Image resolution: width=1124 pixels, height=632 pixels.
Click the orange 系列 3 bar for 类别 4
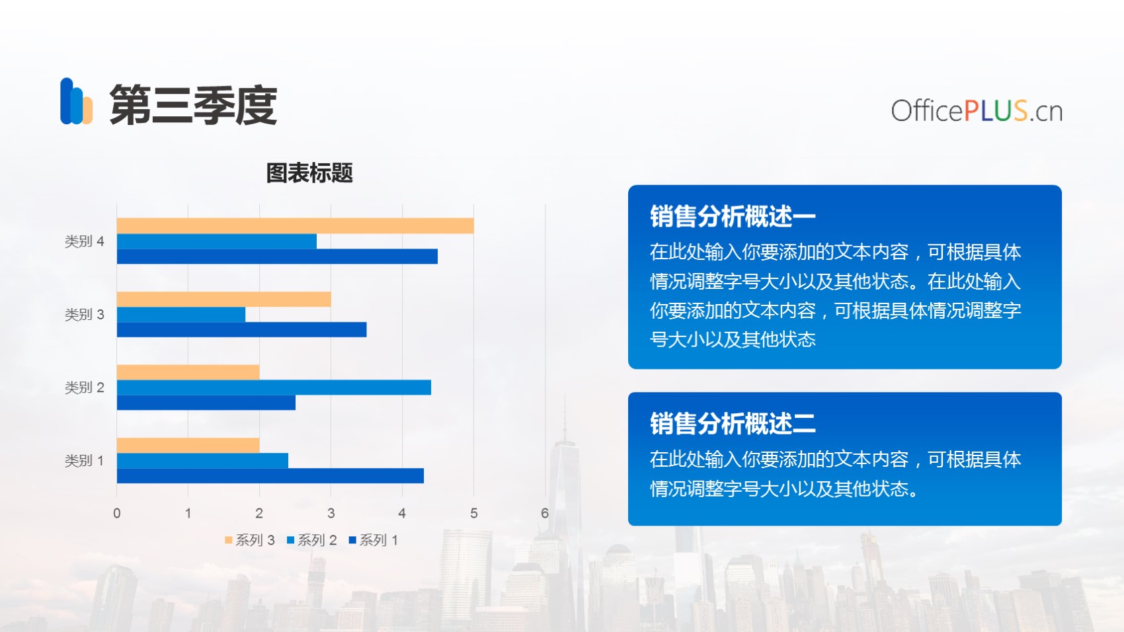tap(295, 225)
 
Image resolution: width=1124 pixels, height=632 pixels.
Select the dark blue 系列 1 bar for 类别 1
tap(270, 475)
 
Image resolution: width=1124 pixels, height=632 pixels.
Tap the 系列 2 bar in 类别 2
tap(274, 387)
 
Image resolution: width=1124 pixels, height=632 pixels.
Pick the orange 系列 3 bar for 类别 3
tap(223, 299)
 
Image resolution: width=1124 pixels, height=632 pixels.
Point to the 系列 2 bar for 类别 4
tap(217, 241)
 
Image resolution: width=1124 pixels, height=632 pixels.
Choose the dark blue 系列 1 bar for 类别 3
tap(241, 329)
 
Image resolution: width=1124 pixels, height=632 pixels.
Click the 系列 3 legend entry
tap(249, 540)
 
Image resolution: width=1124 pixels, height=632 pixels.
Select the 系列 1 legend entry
tap(374, 540)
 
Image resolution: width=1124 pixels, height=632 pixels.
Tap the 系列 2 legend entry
tap(311, 540)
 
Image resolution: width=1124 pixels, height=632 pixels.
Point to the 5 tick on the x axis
tap(473, 513)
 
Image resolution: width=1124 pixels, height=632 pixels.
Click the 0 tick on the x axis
tap(117, 513)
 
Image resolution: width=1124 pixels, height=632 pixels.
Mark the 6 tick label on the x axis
tap(544, 513)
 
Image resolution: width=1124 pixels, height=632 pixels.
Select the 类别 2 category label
tap(85, 387)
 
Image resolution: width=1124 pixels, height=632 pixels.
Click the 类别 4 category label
tap(85, 241)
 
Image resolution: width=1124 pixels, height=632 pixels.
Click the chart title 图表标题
tap(309, 173)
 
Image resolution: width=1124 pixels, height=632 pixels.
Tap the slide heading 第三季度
tap(193, 104)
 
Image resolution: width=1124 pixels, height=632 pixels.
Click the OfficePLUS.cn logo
tap(977, 110)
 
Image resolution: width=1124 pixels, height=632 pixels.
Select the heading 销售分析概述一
tap(733, 216)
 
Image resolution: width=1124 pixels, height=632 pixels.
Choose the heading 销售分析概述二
tap(733, 423)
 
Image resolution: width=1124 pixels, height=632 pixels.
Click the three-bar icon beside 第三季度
tap(76, 101)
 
